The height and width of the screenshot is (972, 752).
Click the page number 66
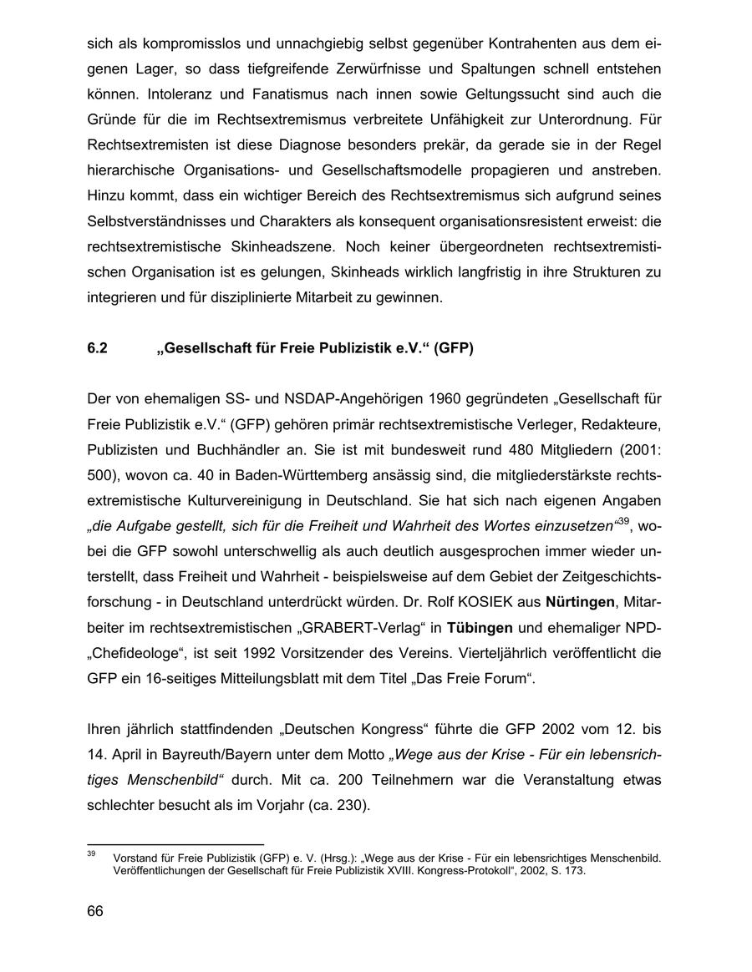click(94, 911)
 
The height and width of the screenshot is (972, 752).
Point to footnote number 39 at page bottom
click(91, 853)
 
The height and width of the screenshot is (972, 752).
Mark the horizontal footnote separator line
click(175, 844)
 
